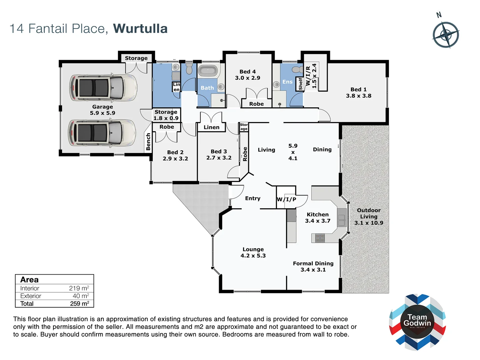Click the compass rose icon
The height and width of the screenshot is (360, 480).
coord(446,35)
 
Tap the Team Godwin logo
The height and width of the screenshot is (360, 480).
coord(417,322)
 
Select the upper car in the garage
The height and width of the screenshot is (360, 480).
coord(103,87)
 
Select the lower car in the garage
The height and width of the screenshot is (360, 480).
coord(102,133)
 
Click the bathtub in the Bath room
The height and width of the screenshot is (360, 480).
coord(208,71)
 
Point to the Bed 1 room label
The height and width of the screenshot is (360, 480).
coord(358,89)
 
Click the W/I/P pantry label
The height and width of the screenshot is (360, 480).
coord(286,199)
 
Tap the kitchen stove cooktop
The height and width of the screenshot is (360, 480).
coord(320,238)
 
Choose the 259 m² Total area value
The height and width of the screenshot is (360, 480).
coord(79,304)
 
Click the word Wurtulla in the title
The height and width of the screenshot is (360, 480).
coord(140,29)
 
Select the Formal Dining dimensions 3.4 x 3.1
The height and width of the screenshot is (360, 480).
coord(313,270)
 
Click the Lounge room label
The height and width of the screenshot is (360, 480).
coord(253,249)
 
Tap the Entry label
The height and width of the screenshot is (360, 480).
coord(253,198)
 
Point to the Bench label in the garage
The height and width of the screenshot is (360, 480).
coord(148,142)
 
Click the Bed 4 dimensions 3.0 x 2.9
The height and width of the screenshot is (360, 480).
coord(247,78)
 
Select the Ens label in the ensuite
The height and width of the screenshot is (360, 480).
coord(287,82)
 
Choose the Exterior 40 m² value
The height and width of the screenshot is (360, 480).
coord(81,296)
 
